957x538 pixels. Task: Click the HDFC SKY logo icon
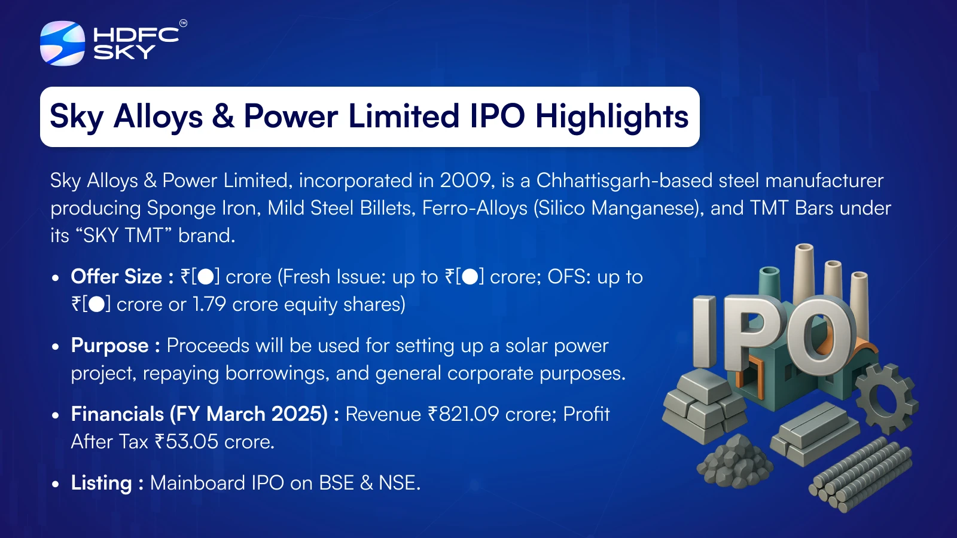tap(62, 43)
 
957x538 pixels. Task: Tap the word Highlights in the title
tap(612, 117)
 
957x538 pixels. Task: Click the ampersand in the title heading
tap(223, 116)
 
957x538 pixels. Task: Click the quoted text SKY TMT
tap(124, 236)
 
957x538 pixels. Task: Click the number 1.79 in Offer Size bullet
tap(209, 304)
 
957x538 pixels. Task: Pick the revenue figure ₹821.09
tap(463, 414)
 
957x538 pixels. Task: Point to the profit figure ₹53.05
tap(186, 442)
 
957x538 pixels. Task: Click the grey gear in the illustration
tap(887, 399)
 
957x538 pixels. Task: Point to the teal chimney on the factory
tap(769, 284)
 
